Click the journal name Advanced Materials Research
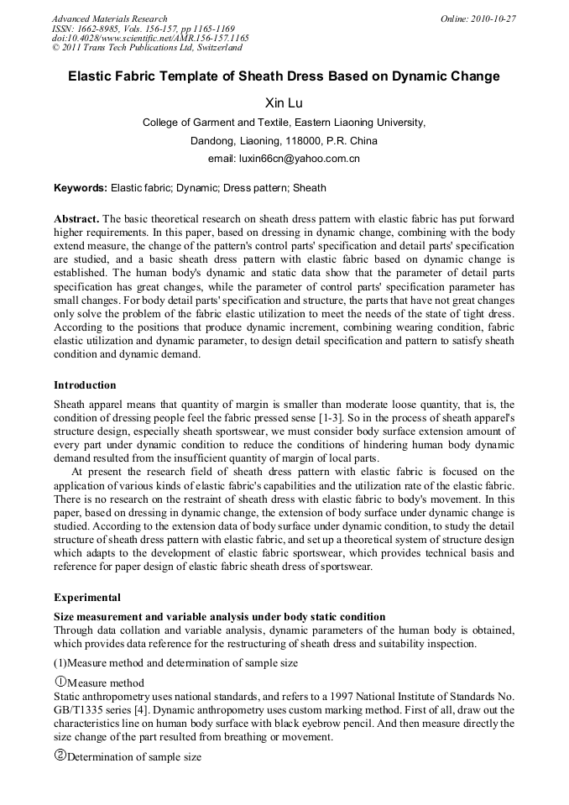[109, 18]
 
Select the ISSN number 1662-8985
[104, 29]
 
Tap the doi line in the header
[150, 39]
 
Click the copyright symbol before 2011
[56, 49]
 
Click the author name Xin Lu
[284, 103]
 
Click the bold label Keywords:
[81, 188]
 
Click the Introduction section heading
[85, 385]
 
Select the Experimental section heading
[87, 598]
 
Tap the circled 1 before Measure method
[60, 682]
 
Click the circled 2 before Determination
[60, 755]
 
